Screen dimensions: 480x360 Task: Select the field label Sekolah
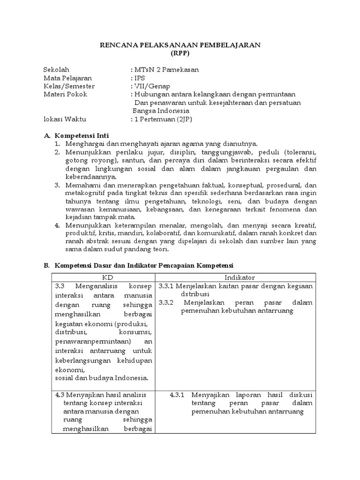pos(56,69)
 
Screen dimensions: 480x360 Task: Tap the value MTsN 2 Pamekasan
pos(166,69)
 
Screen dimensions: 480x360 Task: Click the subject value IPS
pos(139,78)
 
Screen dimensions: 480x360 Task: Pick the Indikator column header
pos(239,277)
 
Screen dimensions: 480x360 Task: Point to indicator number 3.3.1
pos(166,286)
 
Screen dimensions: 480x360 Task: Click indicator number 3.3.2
pos(166,302)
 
